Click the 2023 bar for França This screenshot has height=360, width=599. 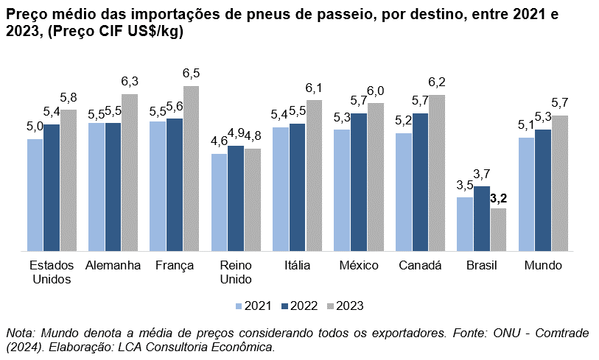pos(191,169)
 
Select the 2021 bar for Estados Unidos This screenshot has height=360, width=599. pos(35,195)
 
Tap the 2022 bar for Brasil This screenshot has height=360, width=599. pos(481,219)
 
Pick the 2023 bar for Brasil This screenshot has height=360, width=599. pos(499,230)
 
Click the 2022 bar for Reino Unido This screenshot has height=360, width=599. pos(236,199)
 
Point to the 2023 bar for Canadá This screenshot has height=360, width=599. pos(437,173)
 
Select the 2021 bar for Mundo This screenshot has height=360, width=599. pos(526,194)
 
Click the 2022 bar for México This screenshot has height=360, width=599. pos(359,183)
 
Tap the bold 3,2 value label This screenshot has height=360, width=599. pos(500,198)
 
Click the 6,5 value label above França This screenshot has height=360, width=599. pos(192,74)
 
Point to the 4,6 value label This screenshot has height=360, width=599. pos(219,141)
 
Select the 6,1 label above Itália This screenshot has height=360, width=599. pos(314,88)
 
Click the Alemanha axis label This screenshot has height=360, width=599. pos(113,266)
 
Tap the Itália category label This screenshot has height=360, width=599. pos(297,266)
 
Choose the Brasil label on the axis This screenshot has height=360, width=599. pos(482,266)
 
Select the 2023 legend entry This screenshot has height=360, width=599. pos(344,306)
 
